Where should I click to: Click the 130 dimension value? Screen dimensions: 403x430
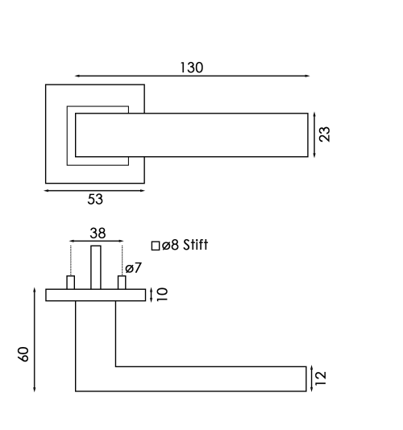(191, 68)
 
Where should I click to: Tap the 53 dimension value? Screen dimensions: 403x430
(95, 199)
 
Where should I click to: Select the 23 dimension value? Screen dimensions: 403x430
(325, 134)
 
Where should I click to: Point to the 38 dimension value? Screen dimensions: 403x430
(98, 234)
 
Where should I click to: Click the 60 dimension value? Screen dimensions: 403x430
(23, 354)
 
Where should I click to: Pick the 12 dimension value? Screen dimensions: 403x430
(321, 378)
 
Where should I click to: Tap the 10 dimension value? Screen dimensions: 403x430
(162, 294)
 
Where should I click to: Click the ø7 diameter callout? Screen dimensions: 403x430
(134, 268)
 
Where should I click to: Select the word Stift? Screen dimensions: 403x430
(196, 245)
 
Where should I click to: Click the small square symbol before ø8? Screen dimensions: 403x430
(156, 246)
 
